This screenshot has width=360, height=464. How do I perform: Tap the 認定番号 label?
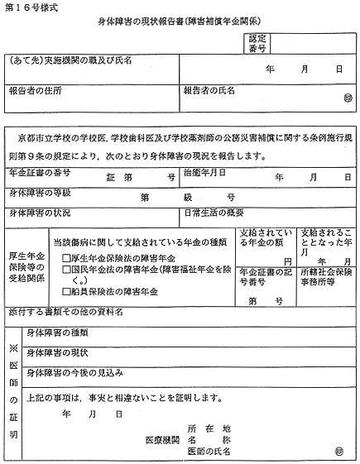[x=257, y=43]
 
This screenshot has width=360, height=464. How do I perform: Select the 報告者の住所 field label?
[x=34, y=89]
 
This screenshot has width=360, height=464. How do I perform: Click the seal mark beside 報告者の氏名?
[x=347, y=100]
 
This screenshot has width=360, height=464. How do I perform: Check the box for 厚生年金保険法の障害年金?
[x=66, y=257]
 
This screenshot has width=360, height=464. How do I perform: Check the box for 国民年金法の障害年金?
[x=66, y=269]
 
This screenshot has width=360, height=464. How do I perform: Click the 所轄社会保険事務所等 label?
[x=325, y=275]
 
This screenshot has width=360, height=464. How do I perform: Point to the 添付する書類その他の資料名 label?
[x=66, y=313]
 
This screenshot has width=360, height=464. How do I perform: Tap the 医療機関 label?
[x=161, y=439]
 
